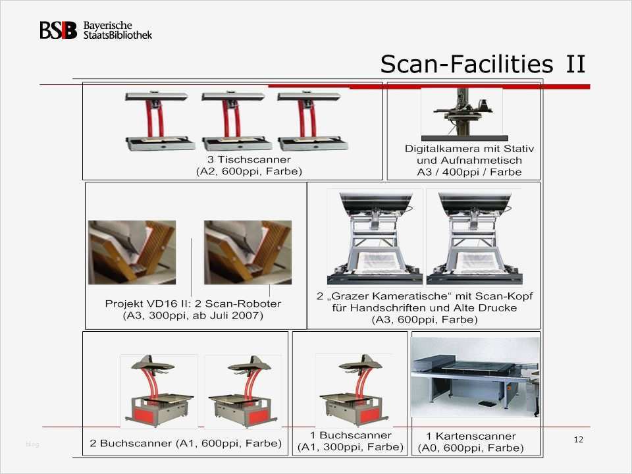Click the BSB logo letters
click(x=58, y=30)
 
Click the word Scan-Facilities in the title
click(x=467, y=64)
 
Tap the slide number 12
click(x=579, y=439)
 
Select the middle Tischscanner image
click(x=234, y=121)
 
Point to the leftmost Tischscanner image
click(x=159, y=121)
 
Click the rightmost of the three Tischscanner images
click(x=312, y=121)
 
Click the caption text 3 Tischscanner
click(x=249, y=159)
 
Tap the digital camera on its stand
click(x=463, y=113)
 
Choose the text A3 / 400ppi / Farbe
click(x=469, y=172)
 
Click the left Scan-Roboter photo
click(x=132, y=252)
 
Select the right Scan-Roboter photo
click(x=248, y=252)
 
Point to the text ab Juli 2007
click(x=228, y=315)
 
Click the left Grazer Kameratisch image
click(x=375, y=238)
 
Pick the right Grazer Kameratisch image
click(x=475, y=238)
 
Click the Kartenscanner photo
click(x=475, y=377)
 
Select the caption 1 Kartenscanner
click(x=471, y=436)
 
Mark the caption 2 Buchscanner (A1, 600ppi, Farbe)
click(x=186, y=443)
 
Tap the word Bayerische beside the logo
click(x=107, y=26)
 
